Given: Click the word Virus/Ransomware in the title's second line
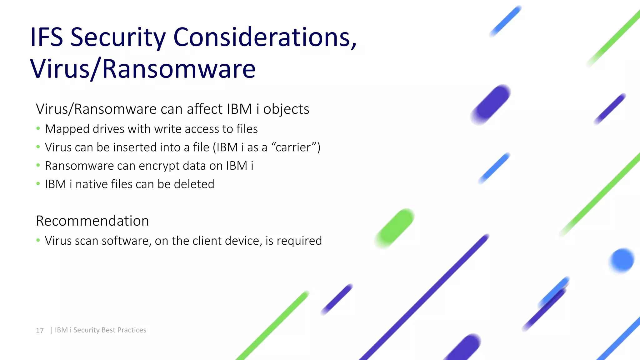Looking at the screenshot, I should click(x=143, y=69).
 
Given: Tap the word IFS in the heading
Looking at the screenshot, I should click(x=47, y=37).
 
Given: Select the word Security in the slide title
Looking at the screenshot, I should click(x=118, y=37).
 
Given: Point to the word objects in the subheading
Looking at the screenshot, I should click(x=286, y=109).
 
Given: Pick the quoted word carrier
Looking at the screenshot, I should click(x=293, y=147).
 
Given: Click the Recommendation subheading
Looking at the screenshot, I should click(x=92, y=221).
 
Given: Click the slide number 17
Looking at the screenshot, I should click(x=40, y=331).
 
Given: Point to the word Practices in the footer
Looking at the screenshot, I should click(x=132, y=330).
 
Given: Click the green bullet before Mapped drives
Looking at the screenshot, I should click(x=38, y=128).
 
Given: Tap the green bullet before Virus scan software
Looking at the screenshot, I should click(x=38, y=240).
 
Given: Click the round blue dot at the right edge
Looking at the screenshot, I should click(x=622, y=260).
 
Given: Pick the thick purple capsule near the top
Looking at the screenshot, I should click(x=491, y=104).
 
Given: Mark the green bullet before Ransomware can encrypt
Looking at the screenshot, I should click(x=38, y=165).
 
